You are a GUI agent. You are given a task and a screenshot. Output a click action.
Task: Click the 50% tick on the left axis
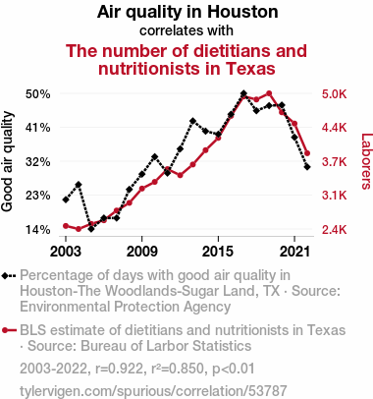pos(38,94)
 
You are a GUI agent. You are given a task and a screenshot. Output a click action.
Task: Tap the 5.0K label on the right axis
pos(334,94)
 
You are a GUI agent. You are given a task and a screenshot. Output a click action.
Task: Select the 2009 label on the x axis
pos(141,252)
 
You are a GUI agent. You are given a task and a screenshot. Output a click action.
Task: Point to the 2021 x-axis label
pos(294,252)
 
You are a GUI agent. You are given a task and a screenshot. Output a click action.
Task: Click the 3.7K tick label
pos(334,161)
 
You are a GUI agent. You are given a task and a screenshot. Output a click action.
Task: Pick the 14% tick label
pos(38,230)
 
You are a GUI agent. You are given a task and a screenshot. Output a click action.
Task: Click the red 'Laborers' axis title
pos(367,161)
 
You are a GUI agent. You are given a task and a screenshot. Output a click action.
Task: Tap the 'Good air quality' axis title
pos(7,161)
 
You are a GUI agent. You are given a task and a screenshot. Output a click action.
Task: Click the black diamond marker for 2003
pos(66,199)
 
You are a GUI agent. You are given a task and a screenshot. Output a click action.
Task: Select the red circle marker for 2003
pos(66,226)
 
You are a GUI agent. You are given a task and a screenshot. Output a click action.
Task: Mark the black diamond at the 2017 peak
pos(243,94)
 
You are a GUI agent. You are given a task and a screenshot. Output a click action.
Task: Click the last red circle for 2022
pos(307,153)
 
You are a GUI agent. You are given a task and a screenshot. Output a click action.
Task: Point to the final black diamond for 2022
pos(307,167)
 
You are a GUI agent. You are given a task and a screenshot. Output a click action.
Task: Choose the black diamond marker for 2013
pos(192,121)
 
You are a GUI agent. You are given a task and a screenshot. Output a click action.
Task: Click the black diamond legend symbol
pos(9,276)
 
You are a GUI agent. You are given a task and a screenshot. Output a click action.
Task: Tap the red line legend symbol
pos(9,330)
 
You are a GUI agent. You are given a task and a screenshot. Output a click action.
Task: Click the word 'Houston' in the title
pos(242,12)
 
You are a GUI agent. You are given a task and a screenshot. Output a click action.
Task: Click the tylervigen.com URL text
pos(153,391)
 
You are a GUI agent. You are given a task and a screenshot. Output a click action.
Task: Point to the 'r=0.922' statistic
pos(119,369)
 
